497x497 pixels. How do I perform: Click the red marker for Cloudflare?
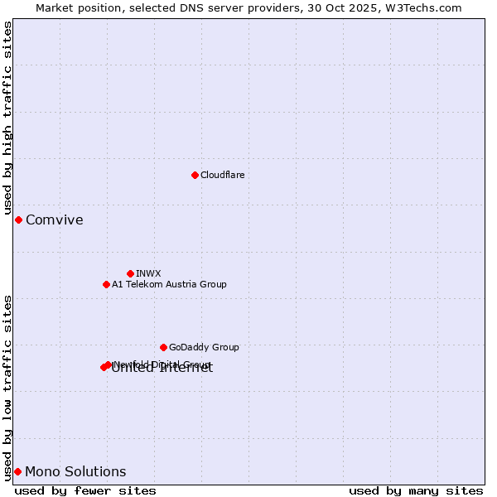195,175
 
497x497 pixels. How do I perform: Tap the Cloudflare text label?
222,175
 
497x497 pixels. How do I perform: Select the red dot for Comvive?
18,220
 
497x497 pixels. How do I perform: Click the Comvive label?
55,220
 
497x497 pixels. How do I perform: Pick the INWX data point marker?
130,273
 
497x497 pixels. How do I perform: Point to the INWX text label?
148,273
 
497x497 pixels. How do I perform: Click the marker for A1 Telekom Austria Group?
106,284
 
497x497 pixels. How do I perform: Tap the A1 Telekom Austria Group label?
169,284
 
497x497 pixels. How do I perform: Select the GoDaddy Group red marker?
163,347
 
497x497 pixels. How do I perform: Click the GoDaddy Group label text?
204,347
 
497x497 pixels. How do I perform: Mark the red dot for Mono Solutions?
17,471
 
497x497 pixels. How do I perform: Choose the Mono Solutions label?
75,472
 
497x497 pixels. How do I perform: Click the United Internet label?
162,369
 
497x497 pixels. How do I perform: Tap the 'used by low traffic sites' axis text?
8,386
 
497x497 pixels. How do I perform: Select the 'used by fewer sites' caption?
85,490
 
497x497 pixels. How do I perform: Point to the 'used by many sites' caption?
416,490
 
